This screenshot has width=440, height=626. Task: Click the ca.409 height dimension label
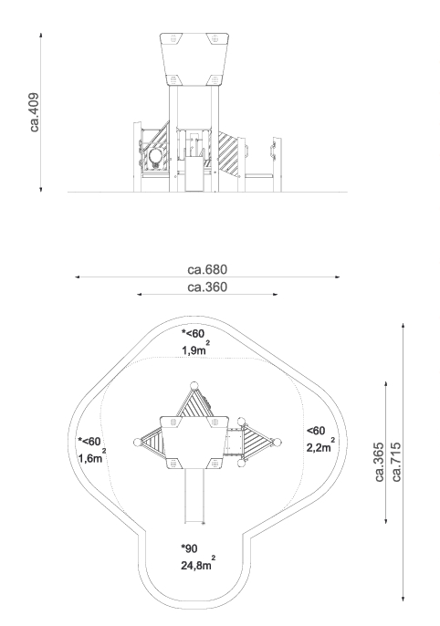coord(35,112)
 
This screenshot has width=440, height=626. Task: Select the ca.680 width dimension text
coord(207,269)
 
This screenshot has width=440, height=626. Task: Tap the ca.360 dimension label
coord(207,287)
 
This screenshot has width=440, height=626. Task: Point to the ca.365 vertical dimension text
coord(380,462)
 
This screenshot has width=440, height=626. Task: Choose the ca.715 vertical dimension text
coord(396,462)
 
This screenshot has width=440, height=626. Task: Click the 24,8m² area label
coord(198,564)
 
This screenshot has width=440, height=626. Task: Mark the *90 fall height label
coord(189,548)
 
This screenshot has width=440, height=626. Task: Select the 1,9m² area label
coord(195,349)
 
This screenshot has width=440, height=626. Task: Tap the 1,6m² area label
coord(92,456)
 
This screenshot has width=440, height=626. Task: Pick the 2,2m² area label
coord(320,445)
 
